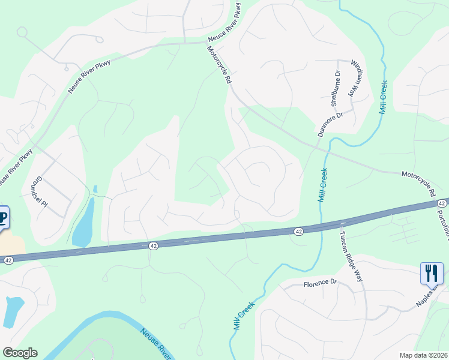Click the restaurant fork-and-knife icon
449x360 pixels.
point(431,274)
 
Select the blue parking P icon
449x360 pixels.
point(3,218)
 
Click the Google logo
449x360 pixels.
point(20,353)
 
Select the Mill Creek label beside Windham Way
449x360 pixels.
point(384,97)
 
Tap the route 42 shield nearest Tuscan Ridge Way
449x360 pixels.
point(298,231)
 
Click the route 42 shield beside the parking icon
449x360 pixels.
point(8,260)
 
